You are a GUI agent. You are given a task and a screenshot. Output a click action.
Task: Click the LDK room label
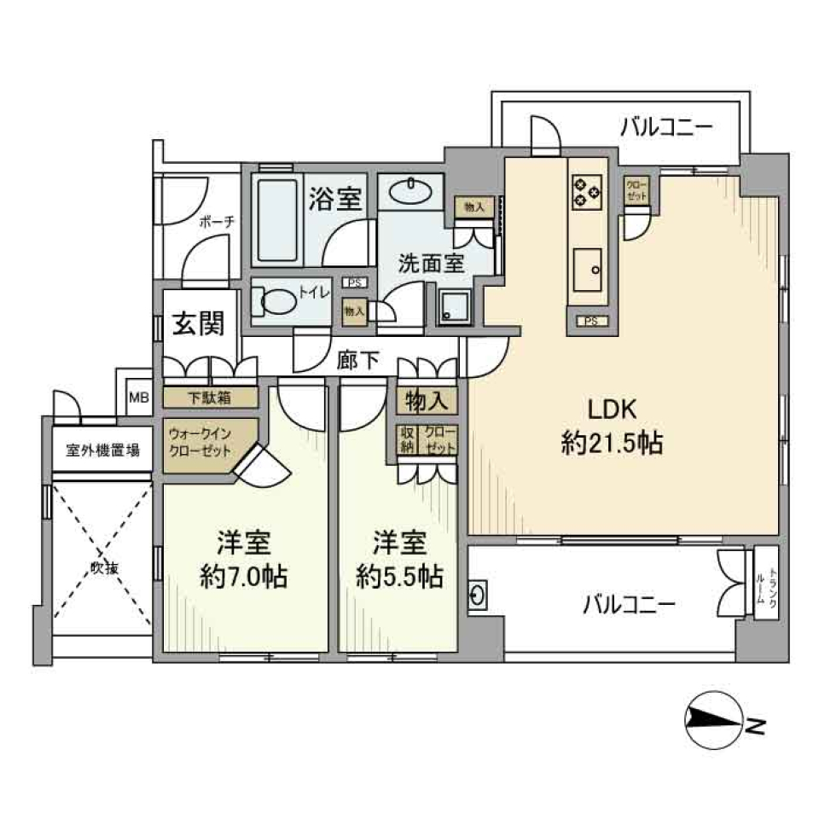coord(611,409)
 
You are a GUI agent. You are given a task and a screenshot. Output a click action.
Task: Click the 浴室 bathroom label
coord(334,198)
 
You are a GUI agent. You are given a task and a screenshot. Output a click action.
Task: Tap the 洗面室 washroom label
coord(432,262)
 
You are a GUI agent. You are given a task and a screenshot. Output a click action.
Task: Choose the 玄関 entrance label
coord(199,323)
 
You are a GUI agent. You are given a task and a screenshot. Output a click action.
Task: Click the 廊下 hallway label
coord(357,361)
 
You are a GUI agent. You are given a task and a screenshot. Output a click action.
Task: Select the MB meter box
coord(137,396)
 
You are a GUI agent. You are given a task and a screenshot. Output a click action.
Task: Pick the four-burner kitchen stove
coord(585,190)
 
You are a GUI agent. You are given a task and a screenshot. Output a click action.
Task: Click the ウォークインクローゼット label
coord(201,441)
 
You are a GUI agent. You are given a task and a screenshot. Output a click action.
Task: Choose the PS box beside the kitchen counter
coord(588,321)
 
